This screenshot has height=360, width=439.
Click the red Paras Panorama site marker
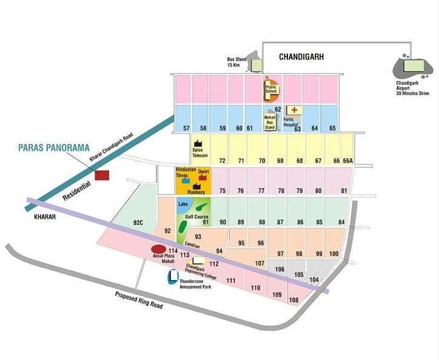coord(101,175)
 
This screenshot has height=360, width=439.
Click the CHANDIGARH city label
coord(301,56)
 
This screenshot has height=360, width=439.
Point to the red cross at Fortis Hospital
coord(295,110)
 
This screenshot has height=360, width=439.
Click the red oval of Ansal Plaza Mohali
coord(158,248)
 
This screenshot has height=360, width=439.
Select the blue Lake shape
coord(184,205)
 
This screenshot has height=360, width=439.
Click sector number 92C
coord(139,222)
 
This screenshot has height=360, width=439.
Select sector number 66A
coord(347,161)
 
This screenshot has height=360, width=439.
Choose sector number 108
coord(294,300)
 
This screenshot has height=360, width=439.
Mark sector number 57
coord(186,128)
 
